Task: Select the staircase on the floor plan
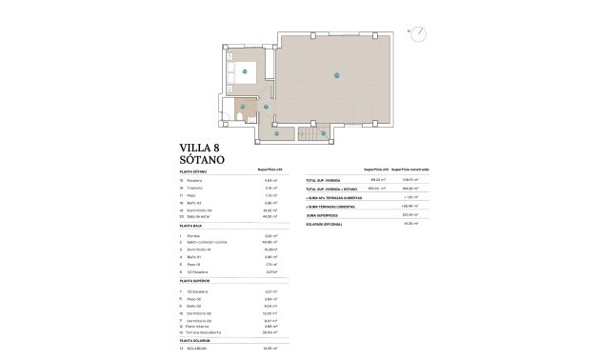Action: (x=313, y=136)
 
